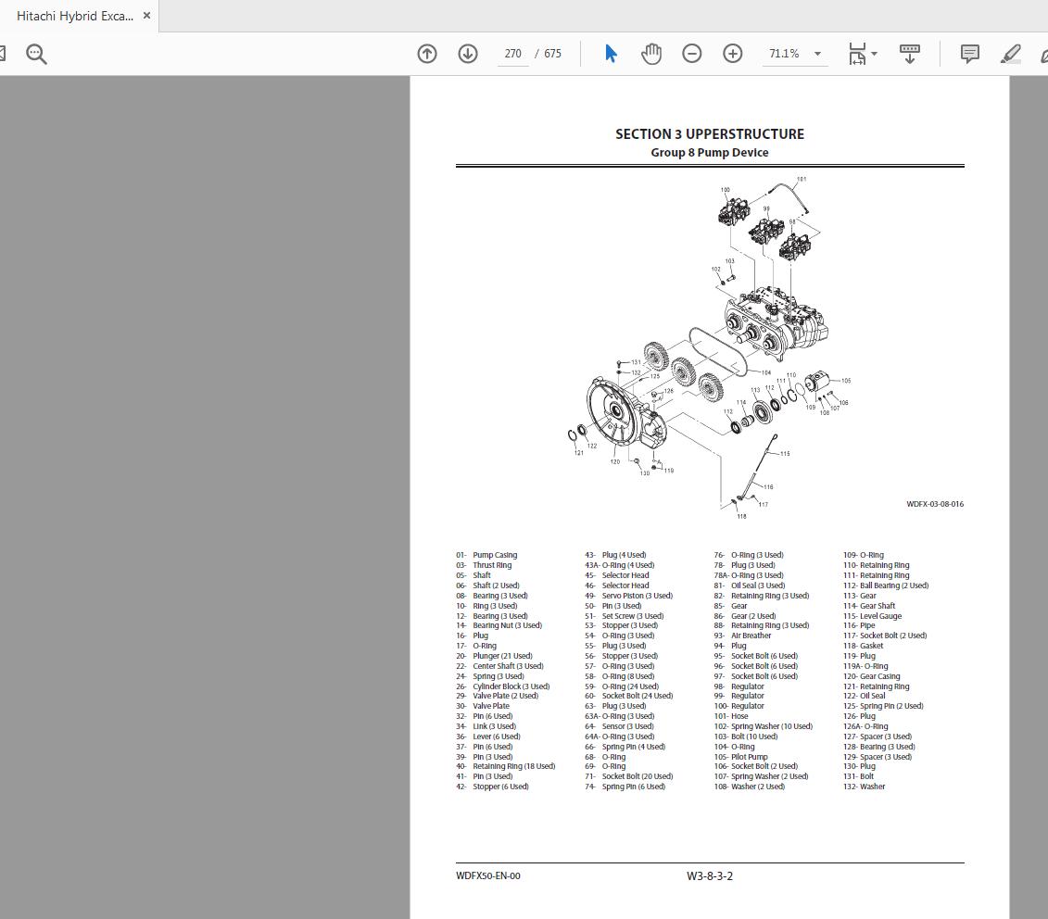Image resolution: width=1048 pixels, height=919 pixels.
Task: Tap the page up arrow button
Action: click(427, 54)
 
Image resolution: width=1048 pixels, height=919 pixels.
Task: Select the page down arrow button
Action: click(468, 54)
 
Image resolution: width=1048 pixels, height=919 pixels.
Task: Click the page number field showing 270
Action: click(513, 54)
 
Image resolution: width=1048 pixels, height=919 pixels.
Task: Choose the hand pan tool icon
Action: click(651, 54)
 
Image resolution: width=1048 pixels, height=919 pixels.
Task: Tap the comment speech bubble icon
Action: click(970, 54)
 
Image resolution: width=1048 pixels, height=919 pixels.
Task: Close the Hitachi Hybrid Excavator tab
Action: click(146, 16)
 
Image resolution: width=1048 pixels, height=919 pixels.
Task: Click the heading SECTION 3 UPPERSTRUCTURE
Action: click(710, 134)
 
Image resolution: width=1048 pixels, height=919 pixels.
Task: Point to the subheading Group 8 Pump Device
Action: click(710, 153)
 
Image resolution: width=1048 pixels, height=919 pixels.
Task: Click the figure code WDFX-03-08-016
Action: click(935, 505)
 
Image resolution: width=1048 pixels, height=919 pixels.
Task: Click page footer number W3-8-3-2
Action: click(710, 876)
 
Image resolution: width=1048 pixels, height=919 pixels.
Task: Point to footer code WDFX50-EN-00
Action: click(488, 876)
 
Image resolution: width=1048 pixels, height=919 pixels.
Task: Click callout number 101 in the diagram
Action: click(802, 180)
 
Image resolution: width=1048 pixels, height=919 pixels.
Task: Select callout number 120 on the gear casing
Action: click(614, 461)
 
